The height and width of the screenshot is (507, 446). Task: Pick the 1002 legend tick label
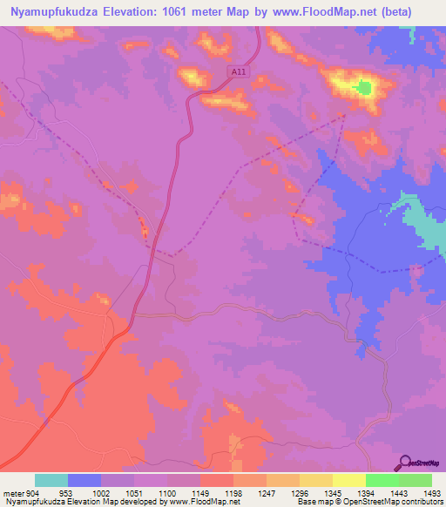100,492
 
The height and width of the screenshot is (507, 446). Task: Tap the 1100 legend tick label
166,492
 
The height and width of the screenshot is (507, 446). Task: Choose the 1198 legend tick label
233,492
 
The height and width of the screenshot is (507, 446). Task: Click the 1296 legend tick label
299,492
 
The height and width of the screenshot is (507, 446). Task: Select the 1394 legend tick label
365,492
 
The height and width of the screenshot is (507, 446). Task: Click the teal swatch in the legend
51,480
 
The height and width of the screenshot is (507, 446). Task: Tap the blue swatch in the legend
84,480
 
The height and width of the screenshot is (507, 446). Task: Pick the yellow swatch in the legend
348,480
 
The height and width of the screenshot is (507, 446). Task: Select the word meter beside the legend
13,492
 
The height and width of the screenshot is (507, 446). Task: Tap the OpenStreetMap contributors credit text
383,502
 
